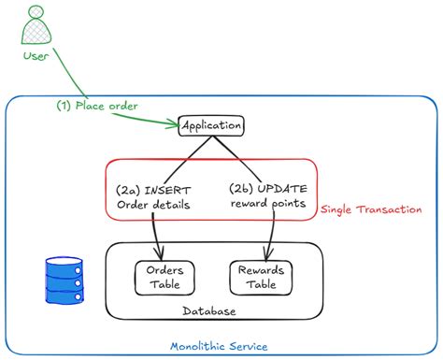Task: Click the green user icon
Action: pyautogui.click(x=35, y=25)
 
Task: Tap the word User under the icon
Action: pyautogui.click(x=35, y=58)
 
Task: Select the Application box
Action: pyautogui.click(x=211, y=125)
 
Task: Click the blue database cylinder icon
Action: pyautogui.click(x=64, y=275)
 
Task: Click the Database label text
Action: pyautogui.click(x=209, y=310)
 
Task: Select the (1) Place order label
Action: pyautogui.click(x=95, y=106)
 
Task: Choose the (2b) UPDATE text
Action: pyautogui.click(x=268, y=190)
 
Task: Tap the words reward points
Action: pyautogui.click(x=268, y=206)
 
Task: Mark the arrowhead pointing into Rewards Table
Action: pyautogui.click(x=268, y=252)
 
